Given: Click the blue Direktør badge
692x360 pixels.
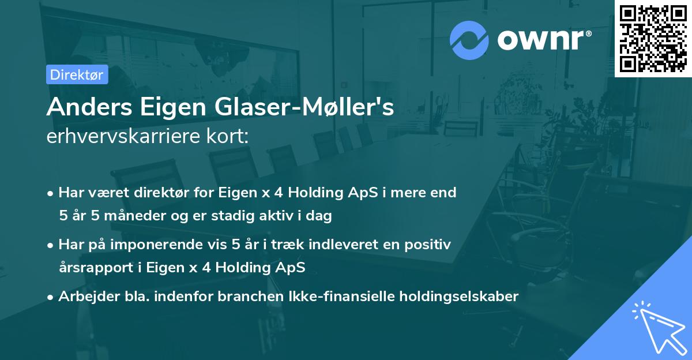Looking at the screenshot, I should click(x=77, y=74).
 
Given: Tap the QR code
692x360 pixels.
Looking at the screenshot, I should click(x=653, y=38).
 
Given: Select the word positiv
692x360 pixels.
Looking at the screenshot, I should click(x=429, y=245).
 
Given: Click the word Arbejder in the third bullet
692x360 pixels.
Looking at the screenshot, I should click(x=84, y=297).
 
